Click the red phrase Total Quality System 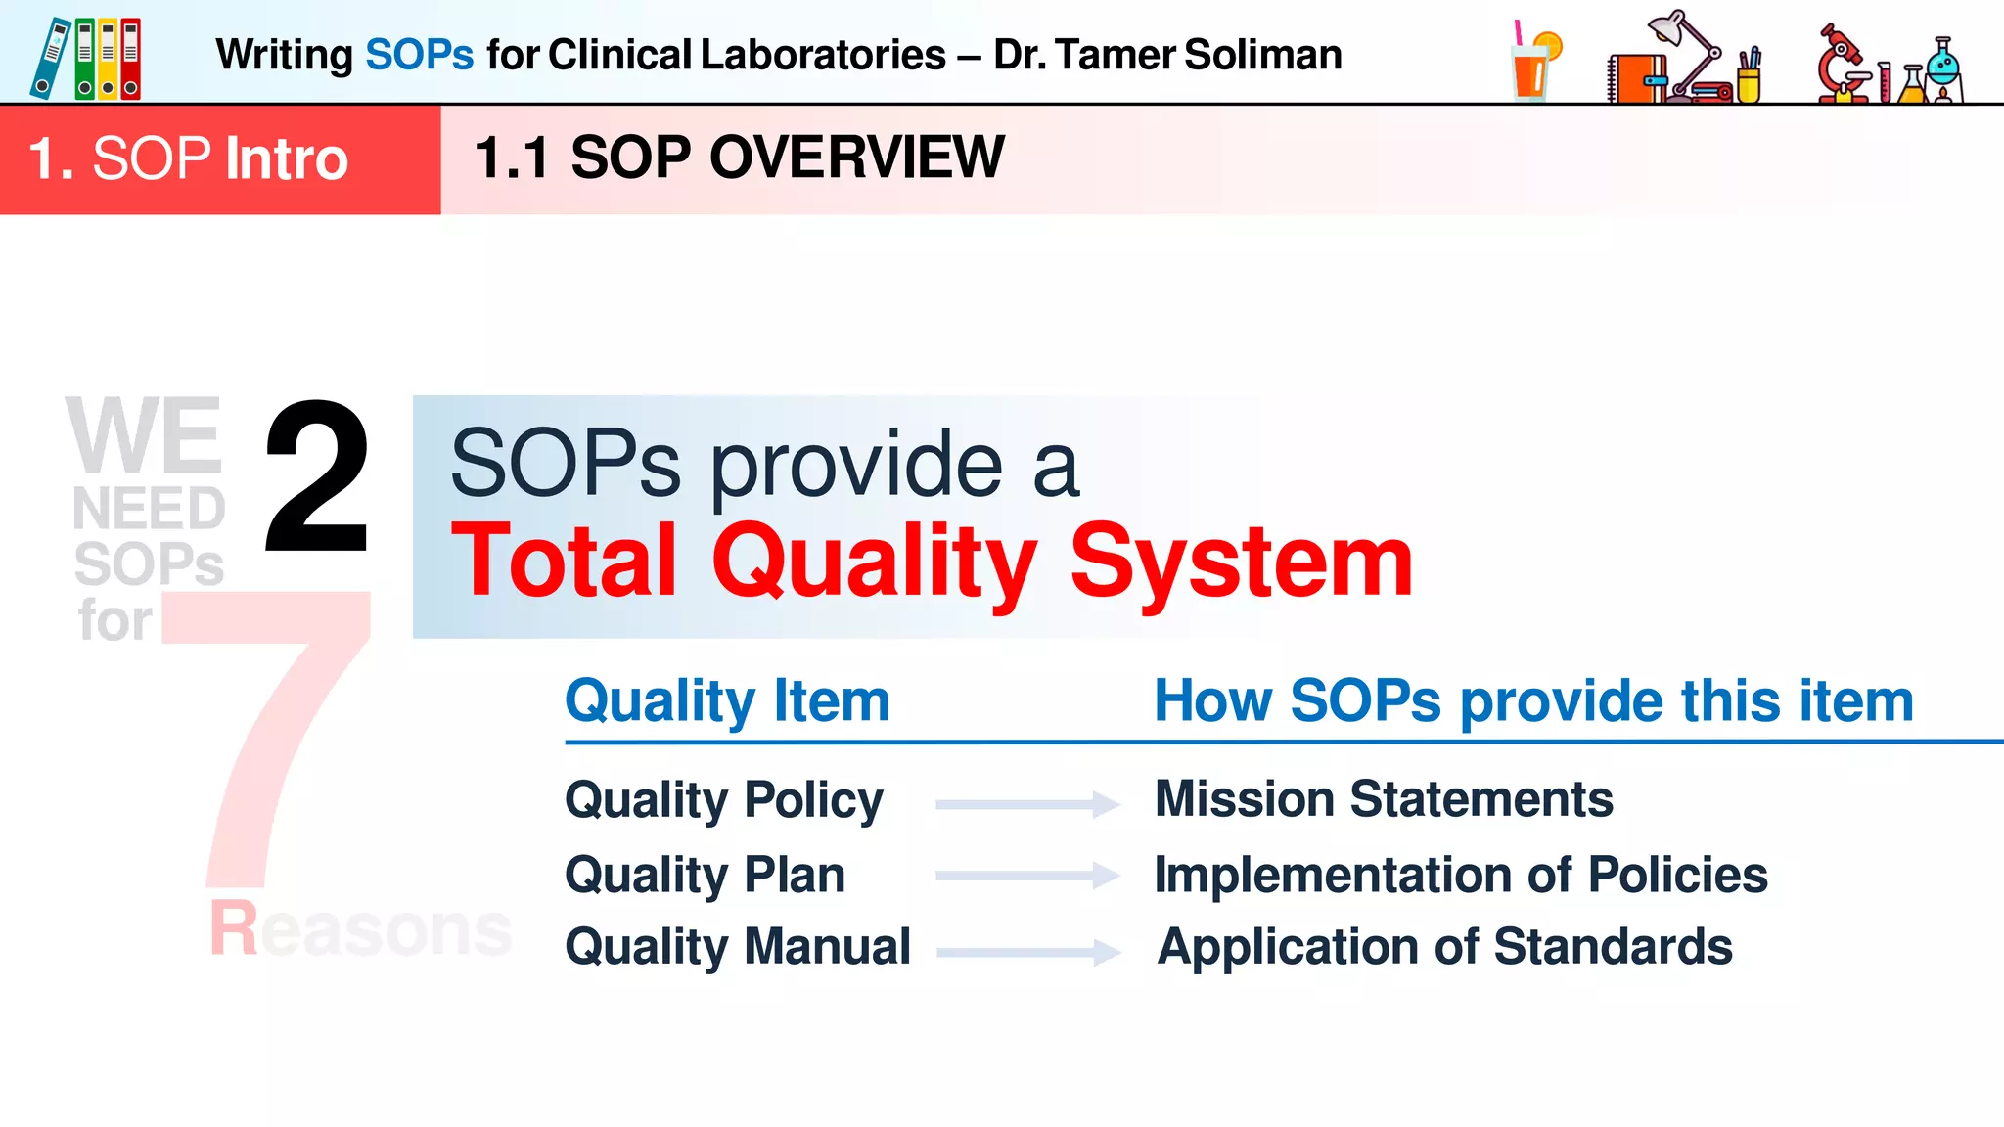931,561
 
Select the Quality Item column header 727,701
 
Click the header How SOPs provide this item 1533,701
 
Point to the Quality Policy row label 724,800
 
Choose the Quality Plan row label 705,875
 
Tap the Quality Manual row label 738,947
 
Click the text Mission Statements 1383,799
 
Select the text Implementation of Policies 1460,875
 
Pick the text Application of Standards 1444,947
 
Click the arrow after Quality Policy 1026,804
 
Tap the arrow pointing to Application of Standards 1027,951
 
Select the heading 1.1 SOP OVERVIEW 739,158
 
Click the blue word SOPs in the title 419,55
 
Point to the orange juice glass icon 1533,64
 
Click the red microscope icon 1842,66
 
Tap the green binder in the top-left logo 85,59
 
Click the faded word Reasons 360,928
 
